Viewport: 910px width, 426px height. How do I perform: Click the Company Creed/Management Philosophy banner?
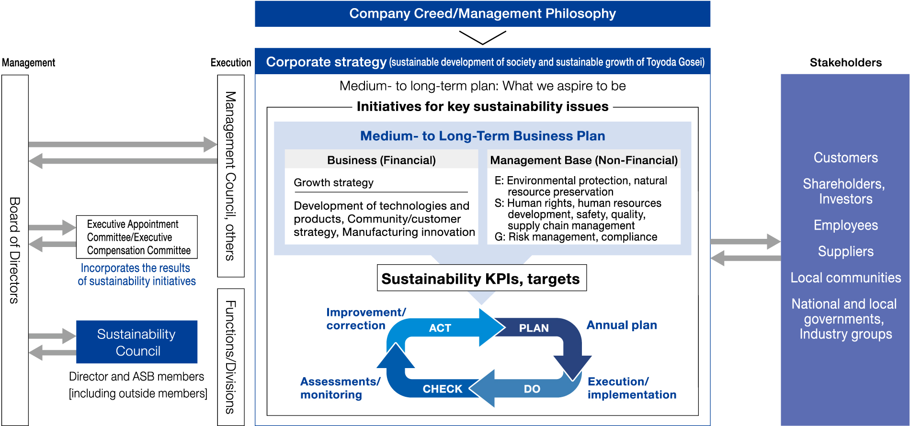coord(482,14)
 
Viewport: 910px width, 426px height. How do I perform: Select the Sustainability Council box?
coord(136,342)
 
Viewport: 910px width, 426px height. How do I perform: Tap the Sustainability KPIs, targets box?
coord(481,278)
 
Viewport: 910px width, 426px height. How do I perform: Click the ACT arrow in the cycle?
coord(445,328)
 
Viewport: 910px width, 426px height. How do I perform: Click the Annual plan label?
coord(622,325)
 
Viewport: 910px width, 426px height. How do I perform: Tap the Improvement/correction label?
coord(366,319)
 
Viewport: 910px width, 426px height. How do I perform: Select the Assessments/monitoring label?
coord(340,388)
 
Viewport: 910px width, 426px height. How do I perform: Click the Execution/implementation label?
coord(632,388)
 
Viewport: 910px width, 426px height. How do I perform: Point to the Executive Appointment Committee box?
coord(136,237)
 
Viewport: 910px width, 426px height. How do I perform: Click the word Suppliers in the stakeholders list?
coord(846,251)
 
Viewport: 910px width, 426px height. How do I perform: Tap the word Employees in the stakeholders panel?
coord(846,225)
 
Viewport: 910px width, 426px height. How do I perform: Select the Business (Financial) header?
coord(381,160)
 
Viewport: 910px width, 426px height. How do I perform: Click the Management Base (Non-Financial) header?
coord(584,160)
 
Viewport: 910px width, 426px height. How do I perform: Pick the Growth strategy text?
coord(333,182)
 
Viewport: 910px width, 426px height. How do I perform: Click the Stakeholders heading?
coord(846,62)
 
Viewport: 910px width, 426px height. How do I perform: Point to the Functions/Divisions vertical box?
coord(231,357)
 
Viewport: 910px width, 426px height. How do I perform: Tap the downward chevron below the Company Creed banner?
coord(482,38)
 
